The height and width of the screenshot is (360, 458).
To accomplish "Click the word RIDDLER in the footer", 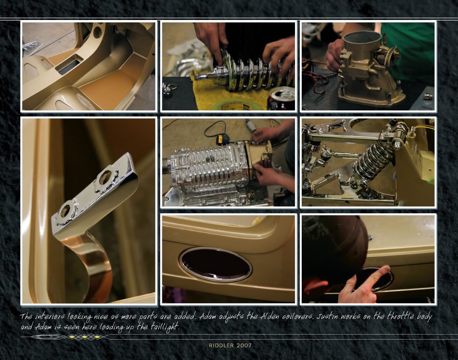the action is click(x=221, y=345).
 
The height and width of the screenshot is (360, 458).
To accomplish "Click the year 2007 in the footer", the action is click(x=244, y=345).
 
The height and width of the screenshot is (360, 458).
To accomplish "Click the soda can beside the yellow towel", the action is click(x=281, y=99).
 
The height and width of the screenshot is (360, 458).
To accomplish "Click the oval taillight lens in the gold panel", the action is click(x=215, y=265).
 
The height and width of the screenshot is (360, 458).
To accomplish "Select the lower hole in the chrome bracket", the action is click(x=65, y=210).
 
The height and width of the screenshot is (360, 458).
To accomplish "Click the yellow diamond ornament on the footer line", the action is click(x=85, y=337).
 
